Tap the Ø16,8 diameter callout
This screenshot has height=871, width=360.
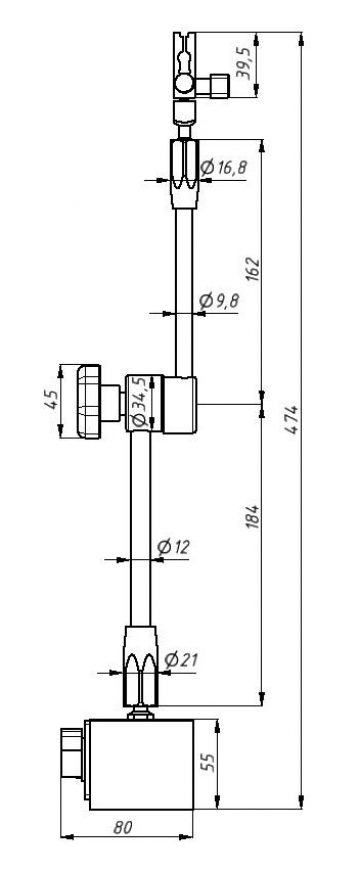click(223, 167)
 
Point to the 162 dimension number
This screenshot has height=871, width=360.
click(253, 269)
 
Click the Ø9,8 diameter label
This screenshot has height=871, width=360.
click(219, 301)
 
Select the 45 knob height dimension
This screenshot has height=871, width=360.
click(51, 399)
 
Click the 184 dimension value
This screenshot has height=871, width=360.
click(253, 517)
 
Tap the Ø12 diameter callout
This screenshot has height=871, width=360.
click(173, 548)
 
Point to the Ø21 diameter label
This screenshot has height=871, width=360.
click(181, 660)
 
